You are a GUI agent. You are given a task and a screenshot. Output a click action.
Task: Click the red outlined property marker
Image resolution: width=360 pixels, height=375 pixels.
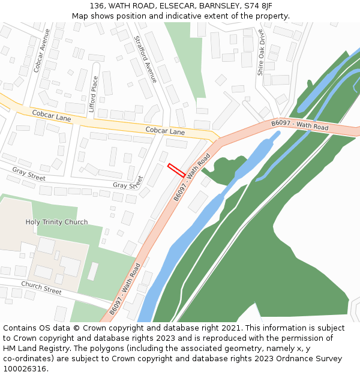point(176,170)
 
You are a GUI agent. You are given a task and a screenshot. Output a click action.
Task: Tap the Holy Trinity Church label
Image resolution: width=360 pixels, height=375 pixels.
point(56,222)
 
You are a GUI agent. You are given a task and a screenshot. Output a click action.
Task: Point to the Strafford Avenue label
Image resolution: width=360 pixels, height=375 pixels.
point(145,59)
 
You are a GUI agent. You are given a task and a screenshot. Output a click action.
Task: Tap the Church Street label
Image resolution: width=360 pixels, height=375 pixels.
point(41,288)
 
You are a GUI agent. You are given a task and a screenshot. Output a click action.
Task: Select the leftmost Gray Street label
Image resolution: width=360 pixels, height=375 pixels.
point(29,174)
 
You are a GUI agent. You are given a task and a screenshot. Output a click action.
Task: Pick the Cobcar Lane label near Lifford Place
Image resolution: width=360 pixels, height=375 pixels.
point(52,116)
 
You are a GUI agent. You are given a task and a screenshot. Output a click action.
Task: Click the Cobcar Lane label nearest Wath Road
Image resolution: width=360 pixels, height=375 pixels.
point(165,131)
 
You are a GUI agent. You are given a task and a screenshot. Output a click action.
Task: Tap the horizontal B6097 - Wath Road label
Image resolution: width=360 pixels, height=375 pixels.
point(300,125)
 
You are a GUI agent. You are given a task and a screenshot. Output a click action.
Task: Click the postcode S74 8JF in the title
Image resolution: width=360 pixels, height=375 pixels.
point(258,5)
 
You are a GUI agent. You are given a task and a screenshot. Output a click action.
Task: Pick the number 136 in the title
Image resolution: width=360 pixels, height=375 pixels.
point(95,5)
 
